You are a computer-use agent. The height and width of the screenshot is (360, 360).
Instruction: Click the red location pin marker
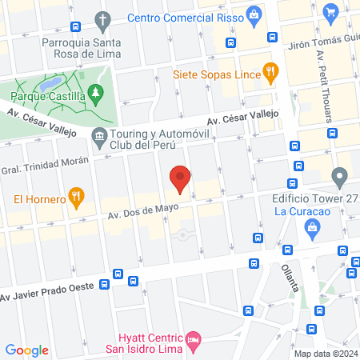pyautogui.click(x=181, y=178)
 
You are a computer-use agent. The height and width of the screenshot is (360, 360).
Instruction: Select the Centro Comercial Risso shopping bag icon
pyautogui.click(x=254, y=14)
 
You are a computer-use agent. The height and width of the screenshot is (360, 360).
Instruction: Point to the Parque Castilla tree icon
pyautogui.click(x=96, y=95)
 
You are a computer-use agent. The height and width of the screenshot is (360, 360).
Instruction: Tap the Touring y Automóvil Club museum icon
pyautogui.click(x=99, y=136)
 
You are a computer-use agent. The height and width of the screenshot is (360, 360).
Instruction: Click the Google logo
pyautogui.click(x=27, y=350)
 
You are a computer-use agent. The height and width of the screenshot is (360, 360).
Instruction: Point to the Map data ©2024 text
pyautogui.click(x=326, y=353)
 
